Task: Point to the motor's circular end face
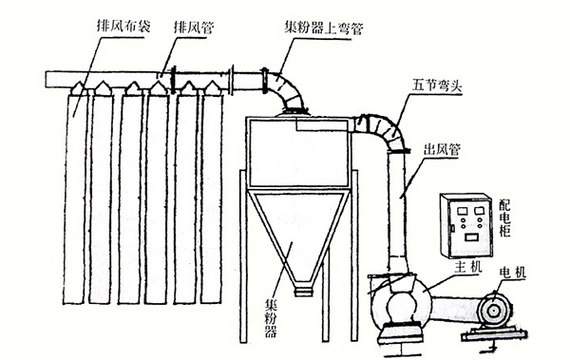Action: [x=494, y=310]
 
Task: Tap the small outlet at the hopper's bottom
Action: [x=302, y=290]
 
